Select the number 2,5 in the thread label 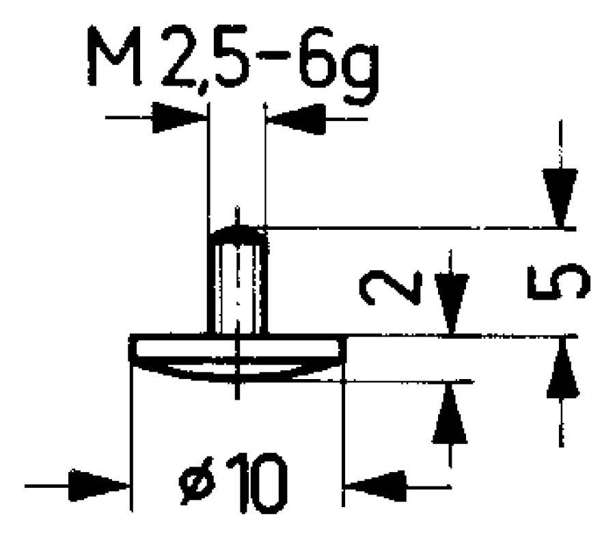206,59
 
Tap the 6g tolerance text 339,65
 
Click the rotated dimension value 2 391,287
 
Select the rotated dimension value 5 558,281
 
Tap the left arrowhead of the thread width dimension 179,117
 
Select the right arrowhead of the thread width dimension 296,118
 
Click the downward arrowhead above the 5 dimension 560,198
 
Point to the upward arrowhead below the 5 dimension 562,367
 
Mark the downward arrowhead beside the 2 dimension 452,304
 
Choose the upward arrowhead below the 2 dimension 450,413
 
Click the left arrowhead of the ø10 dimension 99,486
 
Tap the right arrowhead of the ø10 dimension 375,487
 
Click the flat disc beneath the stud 237,347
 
